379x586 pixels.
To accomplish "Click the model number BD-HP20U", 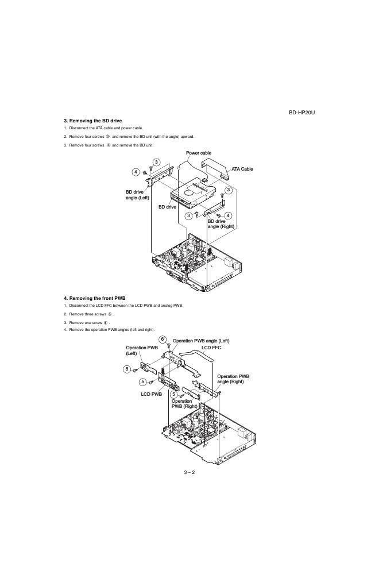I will (x=302, y=112).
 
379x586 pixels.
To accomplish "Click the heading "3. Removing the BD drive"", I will (x=92, y=121).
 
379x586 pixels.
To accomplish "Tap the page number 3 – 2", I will (x=189, y=472).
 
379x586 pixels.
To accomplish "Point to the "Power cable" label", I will (x=199, y=153).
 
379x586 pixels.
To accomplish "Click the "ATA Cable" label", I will (x=242, y=169).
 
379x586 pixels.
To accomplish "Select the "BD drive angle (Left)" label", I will (x=138, y=195).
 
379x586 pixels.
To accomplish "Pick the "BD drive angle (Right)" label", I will (x=221, y=223).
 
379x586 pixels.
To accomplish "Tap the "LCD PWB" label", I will (x=151, y=394).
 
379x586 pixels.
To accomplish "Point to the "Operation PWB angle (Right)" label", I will (x=233, y=379).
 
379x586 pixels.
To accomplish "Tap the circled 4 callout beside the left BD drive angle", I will (x=136, y=172).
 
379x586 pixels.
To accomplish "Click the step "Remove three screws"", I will (x=92, y=314).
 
